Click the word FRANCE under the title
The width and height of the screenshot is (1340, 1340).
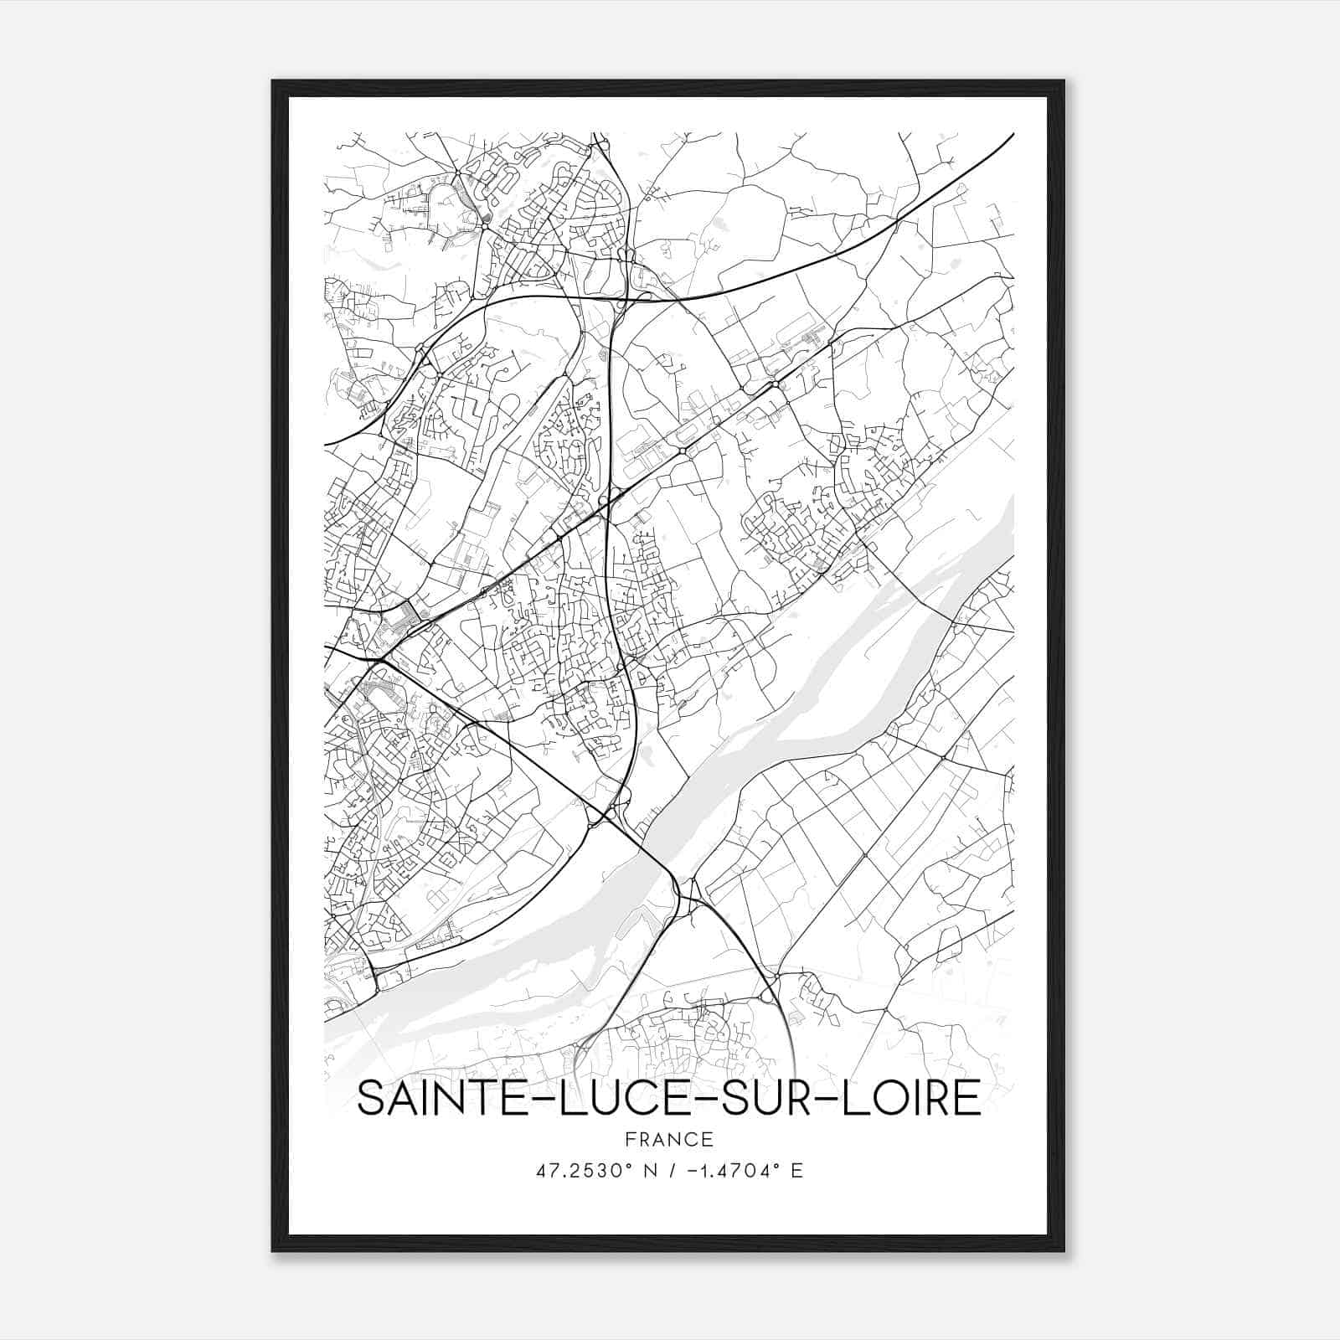668,1139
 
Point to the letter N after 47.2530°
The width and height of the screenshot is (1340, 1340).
642,1171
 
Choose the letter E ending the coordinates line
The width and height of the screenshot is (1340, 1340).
796,1171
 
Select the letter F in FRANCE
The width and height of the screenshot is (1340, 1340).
630,1139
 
